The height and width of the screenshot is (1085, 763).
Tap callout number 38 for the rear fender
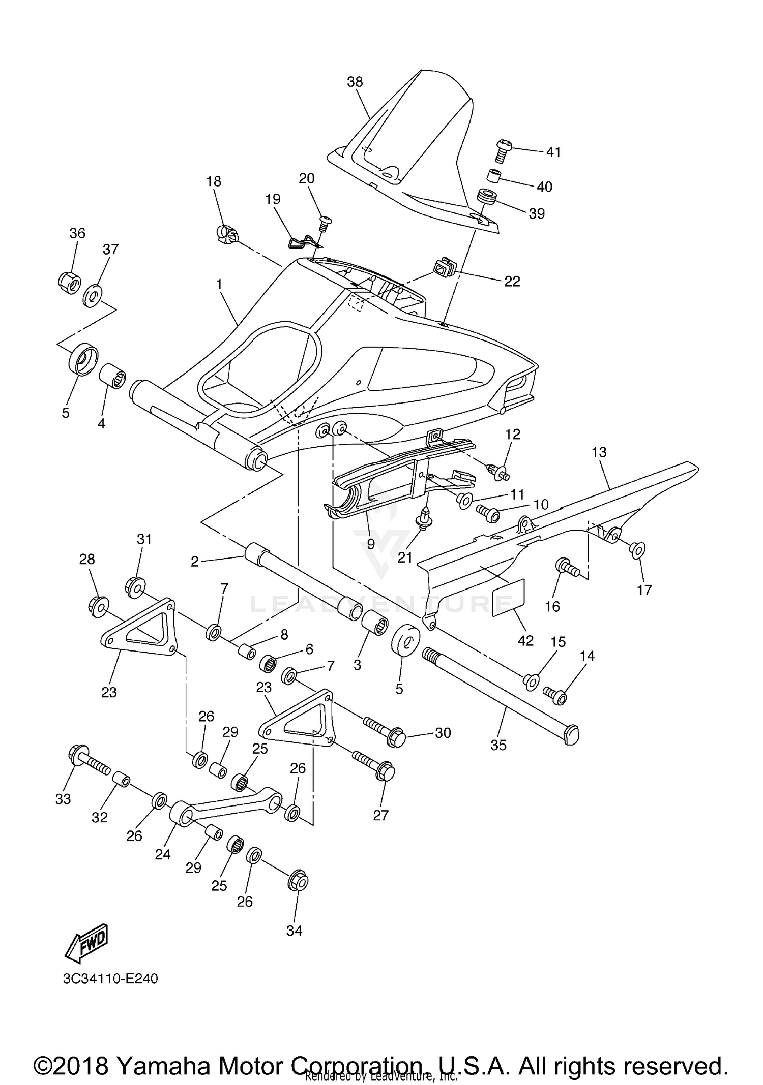[355, 82]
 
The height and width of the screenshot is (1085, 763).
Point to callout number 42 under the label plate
[525, 641]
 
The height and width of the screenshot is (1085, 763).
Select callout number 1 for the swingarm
[219, 284]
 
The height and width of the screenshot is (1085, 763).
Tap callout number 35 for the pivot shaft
[498, 745]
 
